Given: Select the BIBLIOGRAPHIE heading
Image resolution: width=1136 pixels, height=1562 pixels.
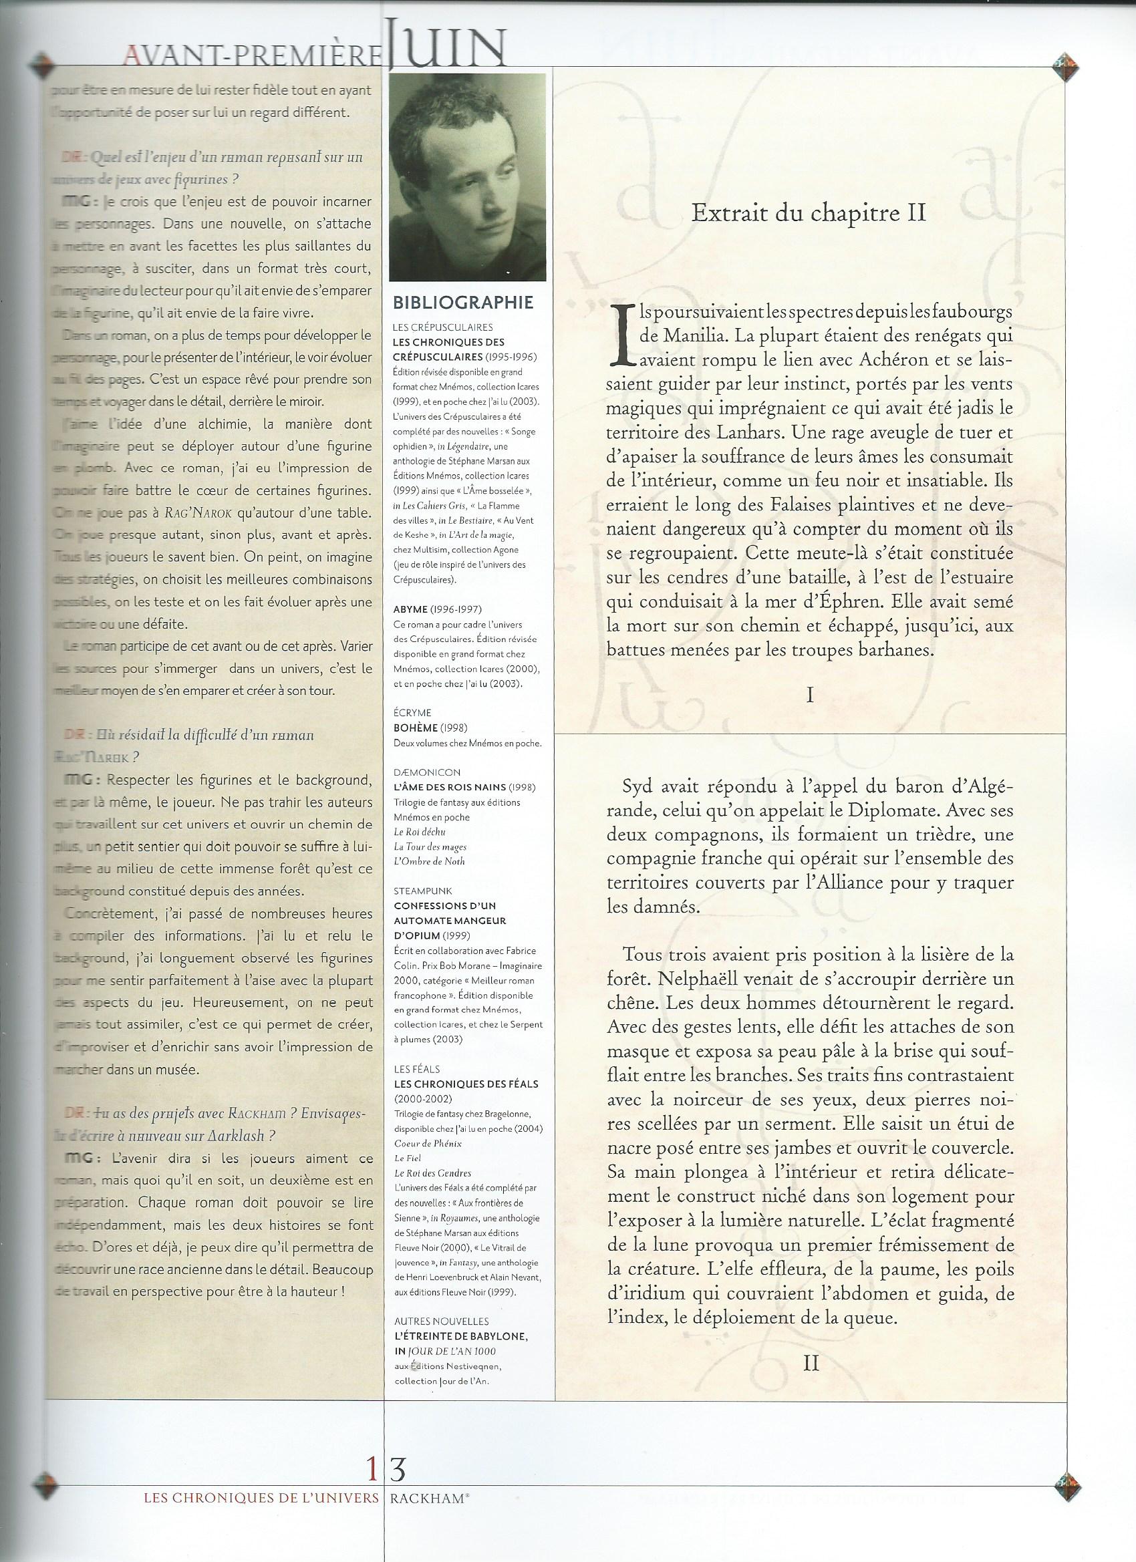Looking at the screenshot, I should click(x=462, y=303).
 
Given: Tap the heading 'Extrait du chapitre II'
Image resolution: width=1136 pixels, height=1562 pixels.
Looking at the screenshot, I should click(x=808, y=213).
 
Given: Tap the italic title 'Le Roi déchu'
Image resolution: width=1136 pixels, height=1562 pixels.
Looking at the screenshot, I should click(x=420, y=832).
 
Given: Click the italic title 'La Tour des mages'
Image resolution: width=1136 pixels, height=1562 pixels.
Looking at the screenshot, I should click(x=430, y=846).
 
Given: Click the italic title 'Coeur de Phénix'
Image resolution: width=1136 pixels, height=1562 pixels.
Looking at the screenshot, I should click(x=428, y=1143).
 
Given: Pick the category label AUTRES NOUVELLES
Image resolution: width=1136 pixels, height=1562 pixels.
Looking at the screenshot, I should click(x=442, y=1321).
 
